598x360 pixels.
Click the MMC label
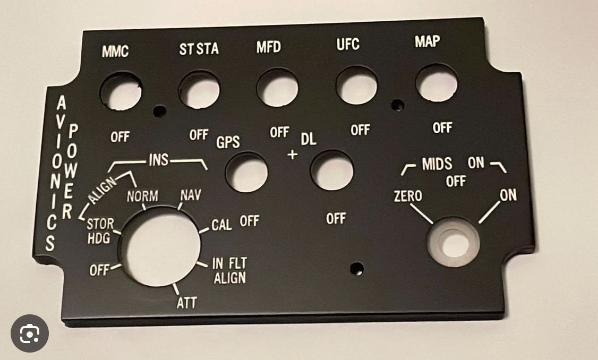(x=115, y=52)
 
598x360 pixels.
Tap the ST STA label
(x=199, y=49)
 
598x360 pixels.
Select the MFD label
(x=268, y=47)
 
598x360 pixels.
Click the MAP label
(x=428, y=42)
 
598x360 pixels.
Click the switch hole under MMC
(x=122, y=91)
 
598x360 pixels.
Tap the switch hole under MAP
(x=437, y=83)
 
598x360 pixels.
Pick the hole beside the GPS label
(x=246, y=172)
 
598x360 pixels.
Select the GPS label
(x=228, y=142)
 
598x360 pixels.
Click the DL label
(x=309, y=140)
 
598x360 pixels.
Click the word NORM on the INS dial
(x=142, y=196)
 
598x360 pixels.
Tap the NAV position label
(x=191, y=195)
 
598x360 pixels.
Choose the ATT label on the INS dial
(x=186, y=303)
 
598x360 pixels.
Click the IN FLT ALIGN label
(x=229, y=270)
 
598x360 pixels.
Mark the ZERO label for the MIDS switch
(x=408, y=196)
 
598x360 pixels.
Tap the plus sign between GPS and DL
(x=292, y=155)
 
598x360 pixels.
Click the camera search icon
(x=30, y=333)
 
